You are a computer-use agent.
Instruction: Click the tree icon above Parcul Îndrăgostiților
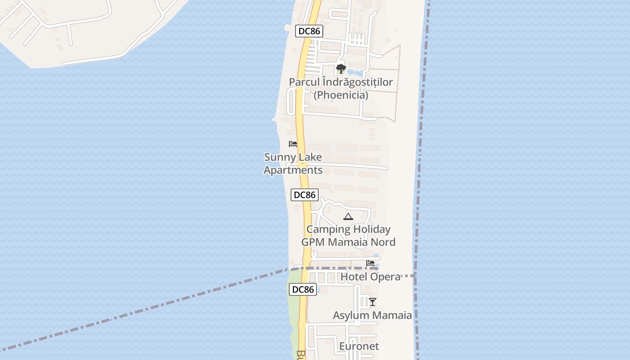click(x=341, y=69)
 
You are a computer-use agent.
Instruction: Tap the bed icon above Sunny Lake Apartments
click(x=293, y=144)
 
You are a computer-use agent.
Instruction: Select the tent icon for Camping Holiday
click(x=348, y=217)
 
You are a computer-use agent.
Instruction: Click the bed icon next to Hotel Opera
click(x=370, y=263)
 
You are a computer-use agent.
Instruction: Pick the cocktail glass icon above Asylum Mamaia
click(x=373, y=301)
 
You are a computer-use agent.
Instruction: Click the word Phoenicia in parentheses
click(x=341, y=95)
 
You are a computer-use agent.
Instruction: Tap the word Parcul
click(x=304, y=82)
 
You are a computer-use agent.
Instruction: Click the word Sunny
click(x=280, y=157)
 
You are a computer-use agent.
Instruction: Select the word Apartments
click(x=293, y=170)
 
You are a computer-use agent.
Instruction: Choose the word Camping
click(x=328, y=229)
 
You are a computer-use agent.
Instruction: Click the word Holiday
click(x=372, y=229)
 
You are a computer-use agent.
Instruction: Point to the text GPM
click(x=313, y=242)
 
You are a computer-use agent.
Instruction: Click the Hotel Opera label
click(x=371, y=277)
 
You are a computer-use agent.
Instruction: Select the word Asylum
click(x=351, y=315)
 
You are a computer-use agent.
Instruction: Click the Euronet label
click(x=359, y=346)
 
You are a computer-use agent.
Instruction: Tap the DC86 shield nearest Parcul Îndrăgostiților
click(x=309, y=31)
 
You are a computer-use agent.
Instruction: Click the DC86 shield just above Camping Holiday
click(x=305, y=195)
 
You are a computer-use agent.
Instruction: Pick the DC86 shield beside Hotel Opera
click(x=303, y=289)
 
